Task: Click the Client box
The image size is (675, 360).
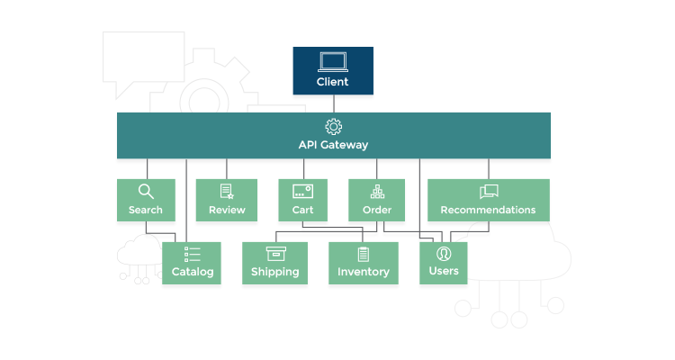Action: pyautogui.click(x=333, y=71)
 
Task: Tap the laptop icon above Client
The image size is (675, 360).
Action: pyautogui.click(x=333, y=62)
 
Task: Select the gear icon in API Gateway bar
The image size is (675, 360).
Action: pyautogui.click(x=333, y=126)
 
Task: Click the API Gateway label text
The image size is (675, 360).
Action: pyautogui.click(x=333, y=144)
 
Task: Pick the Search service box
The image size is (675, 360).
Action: pyautogui.click(x=145, y=200)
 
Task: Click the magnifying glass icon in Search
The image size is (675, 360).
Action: pyautogui.click(x=145, y=191)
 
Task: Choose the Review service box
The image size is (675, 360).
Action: pyautogui.click(x=227, y=200)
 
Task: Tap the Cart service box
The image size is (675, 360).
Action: pyautogui.click(x=302, y=200)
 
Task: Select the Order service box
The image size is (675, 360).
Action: pyautogui.click(x=377, y=200)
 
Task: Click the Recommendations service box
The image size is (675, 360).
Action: pyautogui.click(x=488, y=200)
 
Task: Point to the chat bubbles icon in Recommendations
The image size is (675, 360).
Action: pyautogui.click(x=488, y=191)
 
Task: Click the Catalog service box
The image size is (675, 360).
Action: pyautogui.click(x=192, y=262)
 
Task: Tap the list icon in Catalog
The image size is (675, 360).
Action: pyautogui.click(x=192, y=254)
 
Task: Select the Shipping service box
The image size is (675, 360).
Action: pyautogui.click(x=275, y=262)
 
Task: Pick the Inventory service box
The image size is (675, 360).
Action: pyautogui.click(x=363, y=262)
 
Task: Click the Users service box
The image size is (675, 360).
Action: pyautogui.click(x=444, y=262)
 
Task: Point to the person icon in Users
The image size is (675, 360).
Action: pyautogui.click(x=444, y=253)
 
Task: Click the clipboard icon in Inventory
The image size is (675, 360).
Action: pyautogui.click(x=363, y=254)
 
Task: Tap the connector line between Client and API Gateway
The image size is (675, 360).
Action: pyautogui.click(x=333, y=103)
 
